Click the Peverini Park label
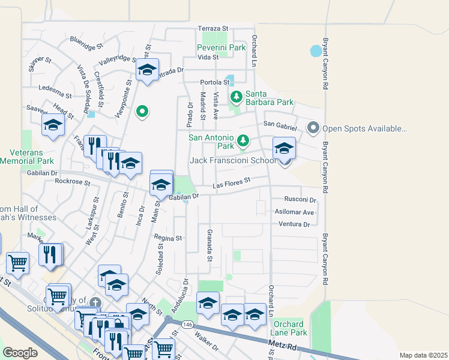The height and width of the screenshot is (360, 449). tap(222, 47)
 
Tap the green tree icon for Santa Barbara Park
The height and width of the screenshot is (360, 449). tap(237, 96)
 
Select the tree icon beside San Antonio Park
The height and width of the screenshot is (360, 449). tap(243, 140)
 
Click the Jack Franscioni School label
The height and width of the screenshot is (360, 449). tap(233, 160)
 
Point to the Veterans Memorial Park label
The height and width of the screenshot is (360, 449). tap(27, 157)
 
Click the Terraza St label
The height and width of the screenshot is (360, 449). tap(214, 28)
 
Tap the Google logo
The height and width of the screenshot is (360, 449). tap(20, 352)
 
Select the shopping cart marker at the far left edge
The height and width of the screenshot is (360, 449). tap(17, 262)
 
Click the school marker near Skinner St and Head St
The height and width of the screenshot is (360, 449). tap(53, 125)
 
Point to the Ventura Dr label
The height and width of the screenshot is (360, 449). tap(294, 224)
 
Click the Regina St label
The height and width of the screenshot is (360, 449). tap(168, 238)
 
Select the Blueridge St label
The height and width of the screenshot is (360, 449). tap(86, 43)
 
